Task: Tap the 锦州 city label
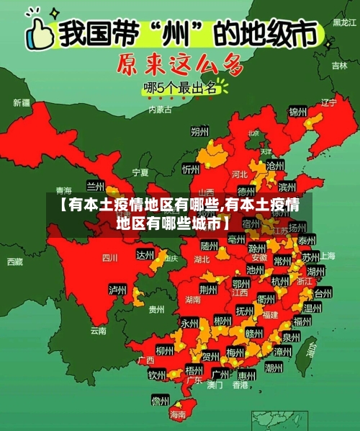pos(297,112)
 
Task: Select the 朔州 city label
pos(199,132)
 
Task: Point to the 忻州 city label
pos(191,169)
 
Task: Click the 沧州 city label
pos(275,165)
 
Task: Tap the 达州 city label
pos(145,255)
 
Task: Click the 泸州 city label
pos(117,290)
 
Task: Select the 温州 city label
pos(312,308)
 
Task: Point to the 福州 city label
pos(302,321)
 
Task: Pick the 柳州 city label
pos(164,350)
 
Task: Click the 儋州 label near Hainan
pos(160,400)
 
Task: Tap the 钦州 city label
pos(157,375)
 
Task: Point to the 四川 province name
pos(109,257)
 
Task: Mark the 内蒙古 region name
pos(160,110)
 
